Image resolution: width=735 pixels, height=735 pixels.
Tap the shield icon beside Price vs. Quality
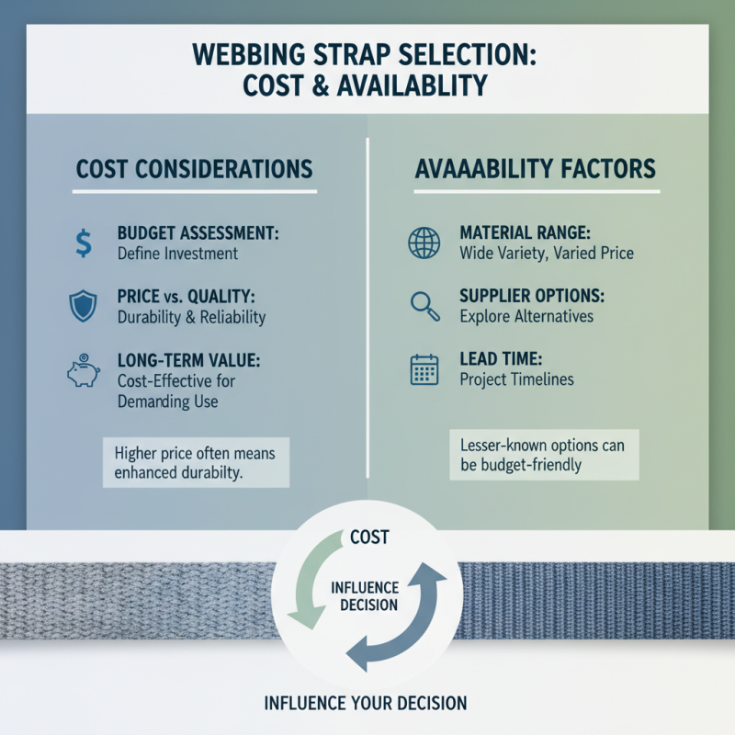point(84,306)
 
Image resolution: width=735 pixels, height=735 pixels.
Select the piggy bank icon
point(83,370)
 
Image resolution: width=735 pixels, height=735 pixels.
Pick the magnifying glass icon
point(423,306)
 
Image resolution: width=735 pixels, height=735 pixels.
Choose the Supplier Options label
point(530,297)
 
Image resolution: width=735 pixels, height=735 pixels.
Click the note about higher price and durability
point(196,463)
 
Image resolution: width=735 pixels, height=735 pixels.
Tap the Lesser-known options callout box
point(542,455)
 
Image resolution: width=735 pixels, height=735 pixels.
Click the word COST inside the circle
point(370,537)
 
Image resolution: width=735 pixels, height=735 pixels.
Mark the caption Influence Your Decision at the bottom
point(366,704)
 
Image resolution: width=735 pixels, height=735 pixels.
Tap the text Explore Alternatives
point(526,316)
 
